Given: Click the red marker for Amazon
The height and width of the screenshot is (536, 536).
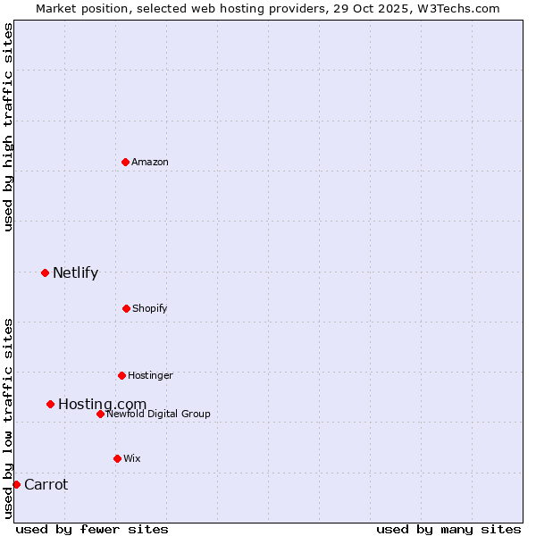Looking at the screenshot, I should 125,162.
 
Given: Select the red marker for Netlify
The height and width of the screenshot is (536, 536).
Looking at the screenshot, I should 45,272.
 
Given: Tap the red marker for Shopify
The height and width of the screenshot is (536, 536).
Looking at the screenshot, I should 126,308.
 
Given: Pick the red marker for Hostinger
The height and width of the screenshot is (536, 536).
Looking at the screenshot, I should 121,375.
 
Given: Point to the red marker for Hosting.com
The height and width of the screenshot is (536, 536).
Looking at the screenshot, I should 50,404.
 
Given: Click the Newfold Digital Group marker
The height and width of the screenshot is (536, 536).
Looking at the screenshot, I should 100,414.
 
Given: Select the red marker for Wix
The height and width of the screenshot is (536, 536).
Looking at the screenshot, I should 117,458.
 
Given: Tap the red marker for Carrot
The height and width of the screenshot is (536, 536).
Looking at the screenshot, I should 16,484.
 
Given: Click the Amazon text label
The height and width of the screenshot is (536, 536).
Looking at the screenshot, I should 150,162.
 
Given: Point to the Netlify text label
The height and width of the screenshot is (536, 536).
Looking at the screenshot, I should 75,273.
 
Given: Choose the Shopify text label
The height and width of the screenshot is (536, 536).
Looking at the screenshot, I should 150,308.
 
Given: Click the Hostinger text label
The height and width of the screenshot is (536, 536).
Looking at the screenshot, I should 150,375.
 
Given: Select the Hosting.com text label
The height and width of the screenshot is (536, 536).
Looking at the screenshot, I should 102,405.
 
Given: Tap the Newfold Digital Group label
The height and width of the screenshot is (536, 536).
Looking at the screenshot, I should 158,414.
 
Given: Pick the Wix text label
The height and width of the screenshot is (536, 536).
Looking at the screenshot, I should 132,458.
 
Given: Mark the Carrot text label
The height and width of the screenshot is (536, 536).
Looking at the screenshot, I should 46,485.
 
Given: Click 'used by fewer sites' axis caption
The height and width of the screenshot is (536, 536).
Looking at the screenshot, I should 92,529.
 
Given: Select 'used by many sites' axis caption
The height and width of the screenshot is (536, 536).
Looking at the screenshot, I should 448,529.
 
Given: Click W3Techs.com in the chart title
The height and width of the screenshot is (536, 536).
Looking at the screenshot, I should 460,8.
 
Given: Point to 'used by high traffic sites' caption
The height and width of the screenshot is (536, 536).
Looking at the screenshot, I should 8,127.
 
